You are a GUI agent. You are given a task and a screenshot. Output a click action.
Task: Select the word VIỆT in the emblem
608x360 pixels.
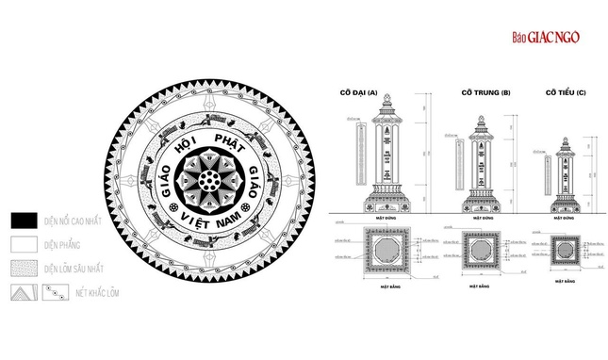pyautogui.click(x=192, y=226)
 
